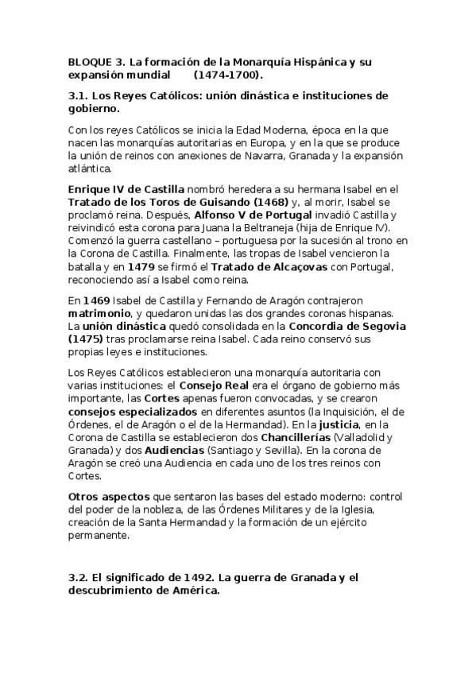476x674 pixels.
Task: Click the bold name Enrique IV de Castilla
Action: pos(126,189)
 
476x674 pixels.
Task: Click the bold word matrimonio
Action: pos(97,315)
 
